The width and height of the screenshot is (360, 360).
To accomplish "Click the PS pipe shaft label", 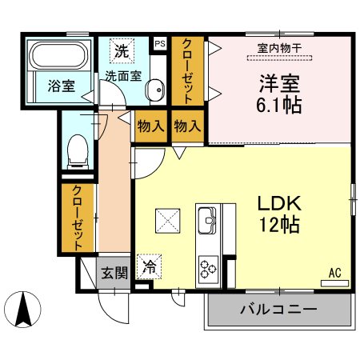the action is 160,43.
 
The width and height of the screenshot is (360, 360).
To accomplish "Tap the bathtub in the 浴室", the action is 58,55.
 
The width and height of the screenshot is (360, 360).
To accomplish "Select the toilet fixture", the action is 78,152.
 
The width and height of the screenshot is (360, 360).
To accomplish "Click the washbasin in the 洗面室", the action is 155,90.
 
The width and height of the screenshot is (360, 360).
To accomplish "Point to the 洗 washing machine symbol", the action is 122,50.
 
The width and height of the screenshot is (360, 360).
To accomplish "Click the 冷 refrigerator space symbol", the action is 149,266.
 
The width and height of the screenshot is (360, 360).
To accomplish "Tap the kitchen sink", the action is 207,220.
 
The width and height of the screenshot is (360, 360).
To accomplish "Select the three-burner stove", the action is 208,269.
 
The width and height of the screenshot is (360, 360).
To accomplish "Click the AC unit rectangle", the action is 334,283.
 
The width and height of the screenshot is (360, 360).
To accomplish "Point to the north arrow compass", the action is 23,310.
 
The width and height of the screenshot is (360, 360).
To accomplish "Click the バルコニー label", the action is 278,310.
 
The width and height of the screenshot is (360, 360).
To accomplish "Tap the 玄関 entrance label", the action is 114,273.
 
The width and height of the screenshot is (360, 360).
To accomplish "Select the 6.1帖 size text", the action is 279,105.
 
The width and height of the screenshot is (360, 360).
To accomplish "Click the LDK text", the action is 279,203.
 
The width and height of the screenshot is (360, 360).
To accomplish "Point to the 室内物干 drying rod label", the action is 279,48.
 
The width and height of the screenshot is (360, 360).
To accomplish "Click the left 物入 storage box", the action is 151,126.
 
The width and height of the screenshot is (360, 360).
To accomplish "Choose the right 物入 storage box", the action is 187,126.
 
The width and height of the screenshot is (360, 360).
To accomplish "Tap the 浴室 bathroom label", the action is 62,86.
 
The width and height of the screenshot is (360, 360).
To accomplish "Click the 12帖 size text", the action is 279,225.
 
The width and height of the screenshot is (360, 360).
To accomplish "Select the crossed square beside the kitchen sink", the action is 167,221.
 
